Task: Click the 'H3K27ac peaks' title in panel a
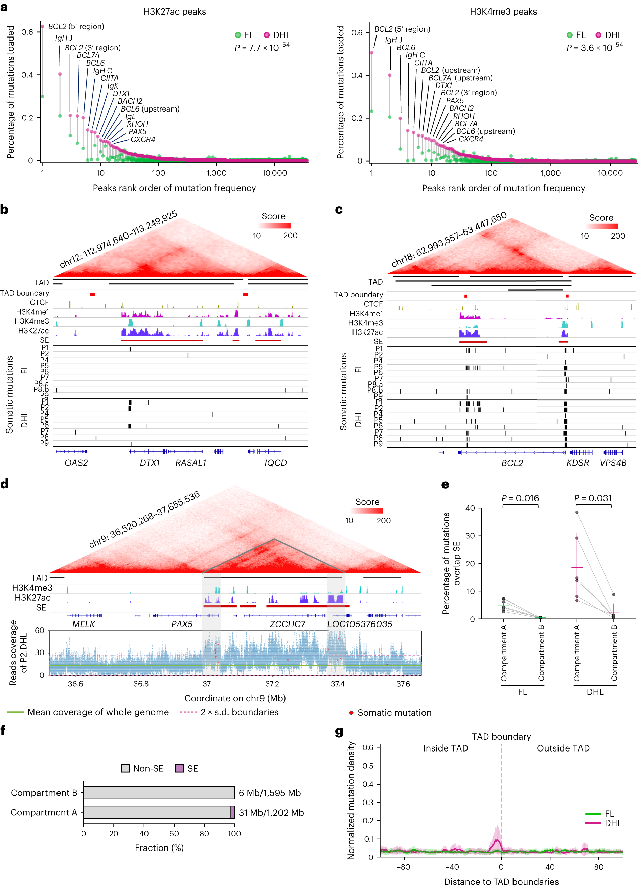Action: point(175,12)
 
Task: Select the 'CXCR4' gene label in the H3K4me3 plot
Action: point(471,139)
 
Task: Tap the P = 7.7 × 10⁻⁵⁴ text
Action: point(262,47)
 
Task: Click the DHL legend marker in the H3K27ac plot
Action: point(267,35)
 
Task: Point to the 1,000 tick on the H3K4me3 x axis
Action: point(550,173)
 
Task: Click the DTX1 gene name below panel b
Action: point(150,463)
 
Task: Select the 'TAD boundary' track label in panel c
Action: point(358,295)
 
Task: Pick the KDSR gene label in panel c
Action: point(577,463)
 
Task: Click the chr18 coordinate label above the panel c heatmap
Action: point(449,239)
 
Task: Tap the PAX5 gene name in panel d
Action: point(182,624)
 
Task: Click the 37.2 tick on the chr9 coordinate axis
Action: point(272,684)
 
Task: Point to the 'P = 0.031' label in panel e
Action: point(592,498)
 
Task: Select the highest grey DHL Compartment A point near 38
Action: point(576,512)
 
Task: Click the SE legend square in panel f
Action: point(180,768)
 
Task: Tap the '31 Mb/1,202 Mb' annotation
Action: point(271,812)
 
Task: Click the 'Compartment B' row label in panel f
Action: point(44,793)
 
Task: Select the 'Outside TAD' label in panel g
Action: point(563,748)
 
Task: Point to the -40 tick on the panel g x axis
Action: point(452,867)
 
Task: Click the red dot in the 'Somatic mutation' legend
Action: point(351,713)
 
